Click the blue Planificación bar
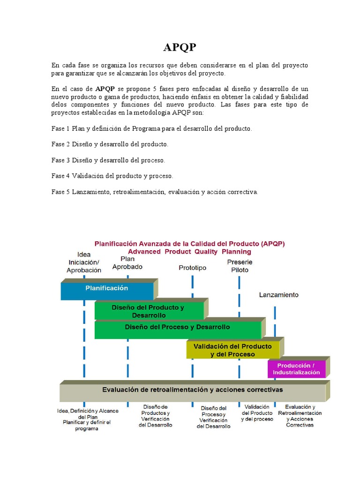pos(107,289)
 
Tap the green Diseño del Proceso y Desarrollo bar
pos(178,328)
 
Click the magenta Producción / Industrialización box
pos(297,369)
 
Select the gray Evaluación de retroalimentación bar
pos(193,390)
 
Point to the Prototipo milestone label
pos(192,268)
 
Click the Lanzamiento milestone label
pos(278,295)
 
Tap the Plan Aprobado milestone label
pos(127,262)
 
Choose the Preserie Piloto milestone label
pos(240,266)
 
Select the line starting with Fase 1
pos(151,128)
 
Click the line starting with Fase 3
pos(108,160)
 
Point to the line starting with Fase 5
pos(155,192)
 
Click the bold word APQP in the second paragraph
pos(105,89)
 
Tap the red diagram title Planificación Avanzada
pos(190,244)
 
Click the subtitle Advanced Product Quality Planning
pos(190,251)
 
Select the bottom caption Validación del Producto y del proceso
pos(257,413)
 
